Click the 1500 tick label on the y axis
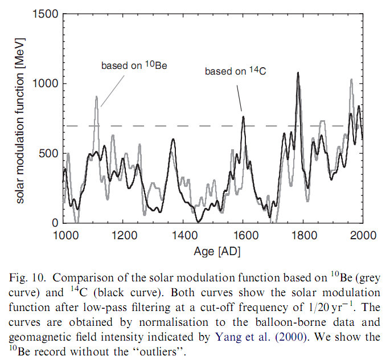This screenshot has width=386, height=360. pos(45,14)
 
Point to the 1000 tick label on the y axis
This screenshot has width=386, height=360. pos(45,84)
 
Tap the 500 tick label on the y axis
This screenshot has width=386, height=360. pos(48,153)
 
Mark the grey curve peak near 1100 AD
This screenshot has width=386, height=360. pos(97,97)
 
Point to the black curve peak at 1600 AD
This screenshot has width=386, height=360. pos(243,117)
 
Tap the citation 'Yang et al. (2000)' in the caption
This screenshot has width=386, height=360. pos(247,337)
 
